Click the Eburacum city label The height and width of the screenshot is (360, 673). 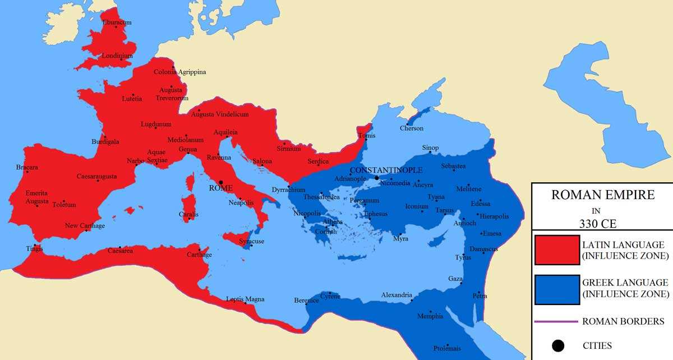tap(117, 22)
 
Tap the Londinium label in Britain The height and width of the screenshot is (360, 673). tap(118, 56)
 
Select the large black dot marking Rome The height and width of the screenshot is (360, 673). tap(221, 182)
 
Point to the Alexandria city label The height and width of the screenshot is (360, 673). tap(397, 295)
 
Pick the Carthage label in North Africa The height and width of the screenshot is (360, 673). tap(199, 255)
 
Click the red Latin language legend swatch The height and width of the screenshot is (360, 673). tap(556, 250)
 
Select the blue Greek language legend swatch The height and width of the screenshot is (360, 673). tap(556, 289)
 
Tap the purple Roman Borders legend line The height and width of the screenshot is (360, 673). tap(556, 322)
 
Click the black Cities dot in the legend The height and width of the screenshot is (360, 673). tap(556, 345)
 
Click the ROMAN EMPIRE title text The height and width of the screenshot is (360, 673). tap(602, 196)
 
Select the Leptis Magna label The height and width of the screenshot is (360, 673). tap(245, 299)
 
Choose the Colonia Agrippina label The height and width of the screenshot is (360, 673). tap(180, 72)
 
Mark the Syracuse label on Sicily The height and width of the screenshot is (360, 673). tap(251, 241)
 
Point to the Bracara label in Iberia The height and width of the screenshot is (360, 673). tap(27, 167)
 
